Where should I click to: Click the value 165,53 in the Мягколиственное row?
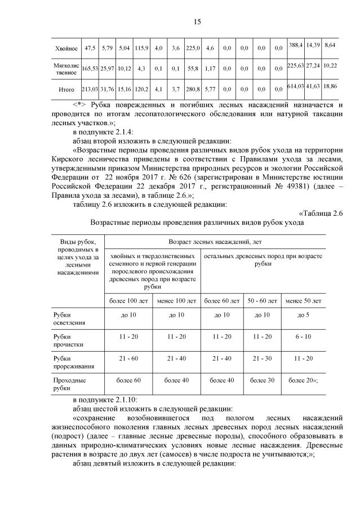[90, 68]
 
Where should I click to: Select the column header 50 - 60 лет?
[263, 301]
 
